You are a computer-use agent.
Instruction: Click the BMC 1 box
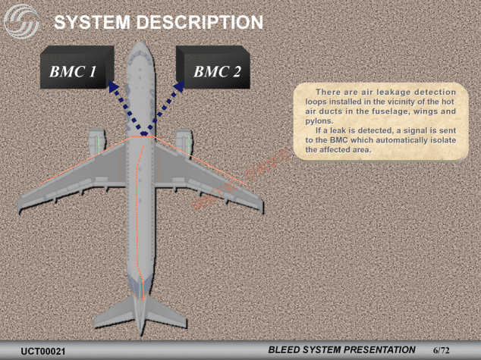tap(75, 72)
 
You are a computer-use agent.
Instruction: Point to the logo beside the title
tap(23, 23)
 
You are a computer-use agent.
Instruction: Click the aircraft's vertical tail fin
tap(141, 318)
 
